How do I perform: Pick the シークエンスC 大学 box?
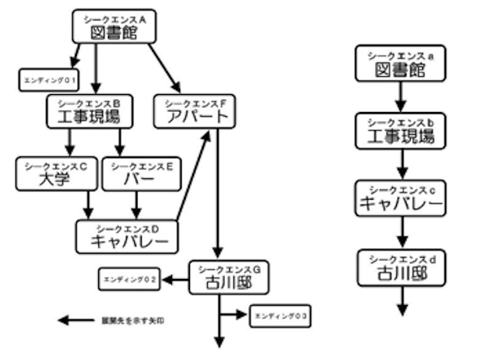(x=54, y=174)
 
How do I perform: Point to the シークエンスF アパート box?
(x=194, y=111)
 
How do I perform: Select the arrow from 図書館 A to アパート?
(x=164, y=69)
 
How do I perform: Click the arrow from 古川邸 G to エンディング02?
(x=176, y=280)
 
